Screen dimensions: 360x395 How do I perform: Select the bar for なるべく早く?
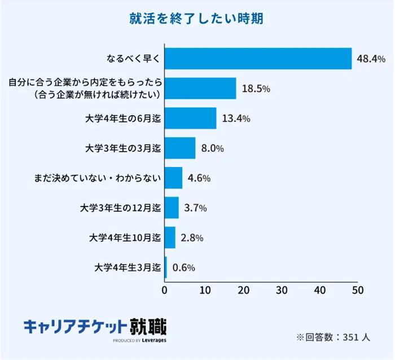coord(258,58)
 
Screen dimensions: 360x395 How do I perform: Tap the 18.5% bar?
coord(200,89)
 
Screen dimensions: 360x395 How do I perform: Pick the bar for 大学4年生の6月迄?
coord(190,118)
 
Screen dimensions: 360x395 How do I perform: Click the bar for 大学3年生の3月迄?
coord(180,148)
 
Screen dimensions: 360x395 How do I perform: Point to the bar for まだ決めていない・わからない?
coord(173,178)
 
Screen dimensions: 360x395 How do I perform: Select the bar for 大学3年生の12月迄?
coord(172,208)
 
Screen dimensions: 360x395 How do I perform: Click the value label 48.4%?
coord(371,59)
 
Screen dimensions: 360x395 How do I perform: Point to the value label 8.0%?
coord(212,148)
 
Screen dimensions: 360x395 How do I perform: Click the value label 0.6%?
coord(183,267)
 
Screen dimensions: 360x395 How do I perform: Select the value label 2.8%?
coord(192,238)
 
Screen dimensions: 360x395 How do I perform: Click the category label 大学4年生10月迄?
coord(125,238)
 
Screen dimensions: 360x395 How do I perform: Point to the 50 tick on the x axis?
coord(357,291)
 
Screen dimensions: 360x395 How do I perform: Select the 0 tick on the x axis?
coord(165,291)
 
